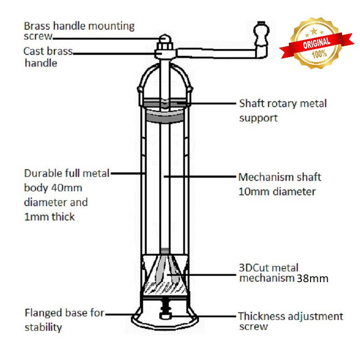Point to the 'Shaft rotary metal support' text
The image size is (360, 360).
point(282,110)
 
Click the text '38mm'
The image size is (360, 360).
point(312,279)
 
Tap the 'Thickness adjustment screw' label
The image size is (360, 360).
point(290,321)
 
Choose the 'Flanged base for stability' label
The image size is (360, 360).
point(64,319)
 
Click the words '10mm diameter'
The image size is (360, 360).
point(276,192)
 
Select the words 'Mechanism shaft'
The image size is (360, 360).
point(279,177)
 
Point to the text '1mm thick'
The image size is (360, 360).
point(49,217)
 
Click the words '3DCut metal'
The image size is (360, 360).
point(268,268)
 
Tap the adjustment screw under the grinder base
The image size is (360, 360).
point(165,313)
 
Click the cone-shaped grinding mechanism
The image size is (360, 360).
point(165,274)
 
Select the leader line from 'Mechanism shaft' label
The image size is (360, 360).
point(200,177)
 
